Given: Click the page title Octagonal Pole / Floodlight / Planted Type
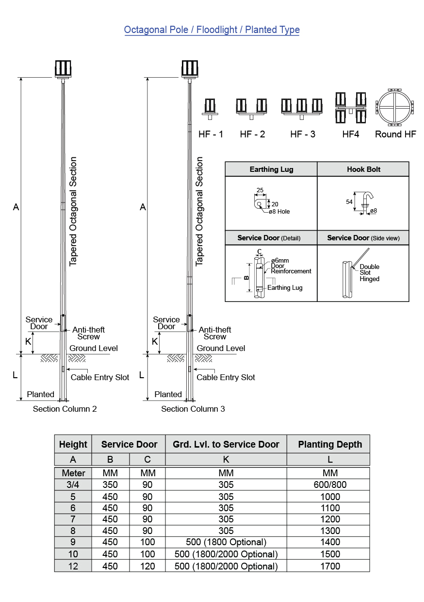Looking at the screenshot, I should point(212,30).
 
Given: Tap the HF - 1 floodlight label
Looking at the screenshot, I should point(211,134).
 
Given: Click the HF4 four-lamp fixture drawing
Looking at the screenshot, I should point(350,108).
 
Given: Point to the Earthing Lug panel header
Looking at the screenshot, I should point(271,169).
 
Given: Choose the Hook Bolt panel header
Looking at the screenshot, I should point(363,169).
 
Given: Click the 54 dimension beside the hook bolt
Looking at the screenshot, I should point(349,202).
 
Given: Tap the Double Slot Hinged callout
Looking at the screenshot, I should point(369,273).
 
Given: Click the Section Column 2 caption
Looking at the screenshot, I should point(65,409).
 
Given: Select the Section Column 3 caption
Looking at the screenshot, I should point(193,409).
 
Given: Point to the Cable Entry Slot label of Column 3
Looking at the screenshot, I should point(226,377).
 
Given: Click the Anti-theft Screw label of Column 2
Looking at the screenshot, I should point(88,333).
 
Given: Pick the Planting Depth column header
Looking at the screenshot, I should point(330,444).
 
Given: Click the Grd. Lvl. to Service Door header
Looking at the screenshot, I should point(226,444).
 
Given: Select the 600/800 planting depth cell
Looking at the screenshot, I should point(330,485).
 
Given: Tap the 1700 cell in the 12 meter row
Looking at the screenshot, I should point(330,566).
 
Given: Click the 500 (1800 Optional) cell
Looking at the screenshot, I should point(226,542).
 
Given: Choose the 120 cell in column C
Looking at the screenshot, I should point(147,566).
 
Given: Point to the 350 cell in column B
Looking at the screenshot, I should point(110,485).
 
